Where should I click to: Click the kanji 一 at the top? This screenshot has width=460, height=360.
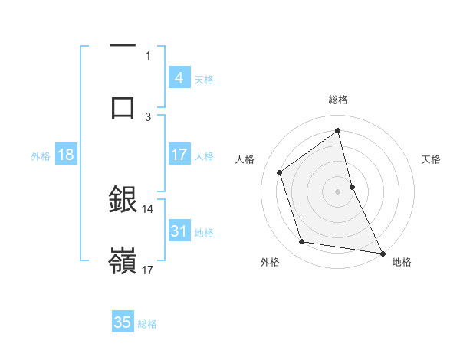point(123,46)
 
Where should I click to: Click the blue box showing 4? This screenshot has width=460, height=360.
point(179,78)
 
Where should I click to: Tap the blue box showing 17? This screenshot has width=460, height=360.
point(179,155)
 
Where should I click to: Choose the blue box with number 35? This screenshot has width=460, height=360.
point(123,322)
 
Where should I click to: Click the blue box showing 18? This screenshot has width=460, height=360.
point(66,155)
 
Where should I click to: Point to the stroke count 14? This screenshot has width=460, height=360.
point(148,208)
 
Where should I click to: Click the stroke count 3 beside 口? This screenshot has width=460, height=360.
point(148,116)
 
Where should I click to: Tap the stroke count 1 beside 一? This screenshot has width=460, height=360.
point(148,55)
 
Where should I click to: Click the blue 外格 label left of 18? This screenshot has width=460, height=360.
point(41,156)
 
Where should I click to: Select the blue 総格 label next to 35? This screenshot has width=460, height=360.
point(147,323)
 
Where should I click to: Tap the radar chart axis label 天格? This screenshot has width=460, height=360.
point(432,159)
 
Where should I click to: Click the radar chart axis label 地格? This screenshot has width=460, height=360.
point(402,262)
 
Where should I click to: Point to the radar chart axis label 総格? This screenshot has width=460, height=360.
point(338,100)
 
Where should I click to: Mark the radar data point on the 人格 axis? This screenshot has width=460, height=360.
point(280,172)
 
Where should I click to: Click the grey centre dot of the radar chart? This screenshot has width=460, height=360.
point(338,191)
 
